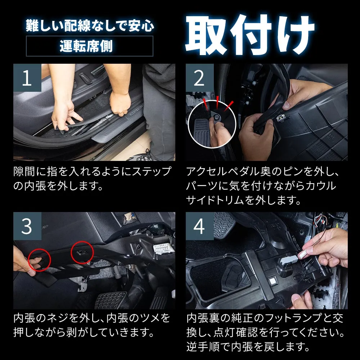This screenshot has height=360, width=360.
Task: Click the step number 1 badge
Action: coord(27,78)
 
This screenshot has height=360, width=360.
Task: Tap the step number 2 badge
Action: coord(199,78)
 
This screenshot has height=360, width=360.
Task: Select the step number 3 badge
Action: coord(27,226)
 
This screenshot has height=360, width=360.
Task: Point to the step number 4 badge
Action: coord(199,226)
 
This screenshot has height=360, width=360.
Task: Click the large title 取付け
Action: coord(250,35)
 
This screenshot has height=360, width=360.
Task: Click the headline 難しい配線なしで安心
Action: coord(90,25)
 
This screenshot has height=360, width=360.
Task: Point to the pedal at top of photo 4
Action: coord(224,225)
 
